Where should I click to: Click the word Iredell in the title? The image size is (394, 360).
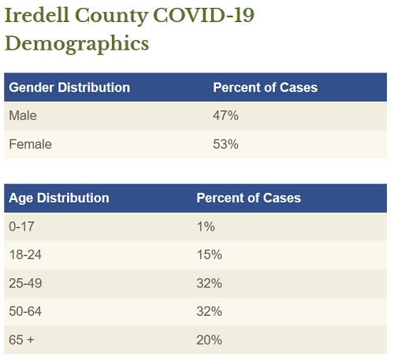coord(37,15)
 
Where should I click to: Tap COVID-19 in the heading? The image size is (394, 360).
coord(204,15)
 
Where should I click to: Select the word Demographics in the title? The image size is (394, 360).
coord(77,43)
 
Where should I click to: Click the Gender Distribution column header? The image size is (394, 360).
coord(69,87)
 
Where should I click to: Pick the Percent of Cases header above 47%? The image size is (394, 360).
coord(266,87)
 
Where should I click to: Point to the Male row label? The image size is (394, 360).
coord(23,116)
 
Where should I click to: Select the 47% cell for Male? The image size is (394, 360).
coord(225,116)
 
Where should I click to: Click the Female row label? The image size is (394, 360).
coord(30,144)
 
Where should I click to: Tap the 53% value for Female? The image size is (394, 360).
coord(225,144)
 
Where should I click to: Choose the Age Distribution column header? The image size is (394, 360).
coord(59,198)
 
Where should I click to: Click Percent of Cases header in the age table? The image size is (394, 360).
coord(249,198)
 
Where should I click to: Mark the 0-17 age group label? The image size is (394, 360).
coord(21,227)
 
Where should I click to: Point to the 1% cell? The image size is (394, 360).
coord(206,227)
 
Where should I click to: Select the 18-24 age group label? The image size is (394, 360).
coord(25,254)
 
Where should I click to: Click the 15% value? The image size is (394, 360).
coord(210,254)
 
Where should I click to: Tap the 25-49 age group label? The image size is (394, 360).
coord(25,284)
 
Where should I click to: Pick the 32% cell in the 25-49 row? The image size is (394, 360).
coord(210,284)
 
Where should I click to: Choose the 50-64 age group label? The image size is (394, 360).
coord(25,311)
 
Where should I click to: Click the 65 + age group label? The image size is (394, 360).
coord(21,340)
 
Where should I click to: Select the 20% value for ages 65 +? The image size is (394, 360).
coord(210,340)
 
